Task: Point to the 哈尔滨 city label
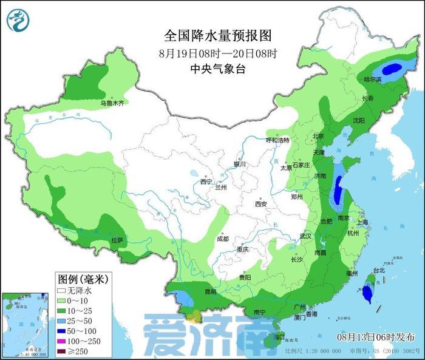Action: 372,80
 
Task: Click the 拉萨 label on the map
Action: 117,240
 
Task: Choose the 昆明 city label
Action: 210,292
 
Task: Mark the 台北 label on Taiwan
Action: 379,270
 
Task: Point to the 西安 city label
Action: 261,204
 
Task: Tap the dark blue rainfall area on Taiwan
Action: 367,293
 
